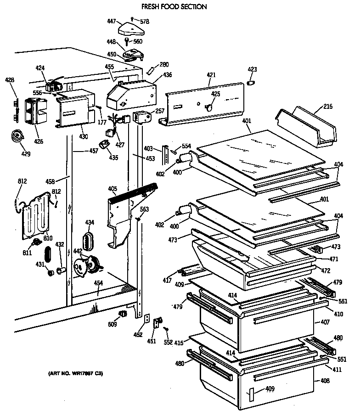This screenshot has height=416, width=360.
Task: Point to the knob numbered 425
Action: (x=208, y=107)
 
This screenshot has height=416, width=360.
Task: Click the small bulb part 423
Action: (x=251, y=83)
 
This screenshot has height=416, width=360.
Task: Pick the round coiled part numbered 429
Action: (x=18, y=136)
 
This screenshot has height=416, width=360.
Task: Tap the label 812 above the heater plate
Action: (x=22, y=181)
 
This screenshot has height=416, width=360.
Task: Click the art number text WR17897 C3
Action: (x=76, y=374)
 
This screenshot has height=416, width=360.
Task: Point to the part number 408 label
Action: (x=325, y=381)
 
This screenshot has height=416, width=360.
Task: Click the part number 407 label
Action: (x=325, y=322)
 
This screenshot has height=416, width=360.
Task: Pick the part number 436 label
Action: (x=167, y=75)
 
